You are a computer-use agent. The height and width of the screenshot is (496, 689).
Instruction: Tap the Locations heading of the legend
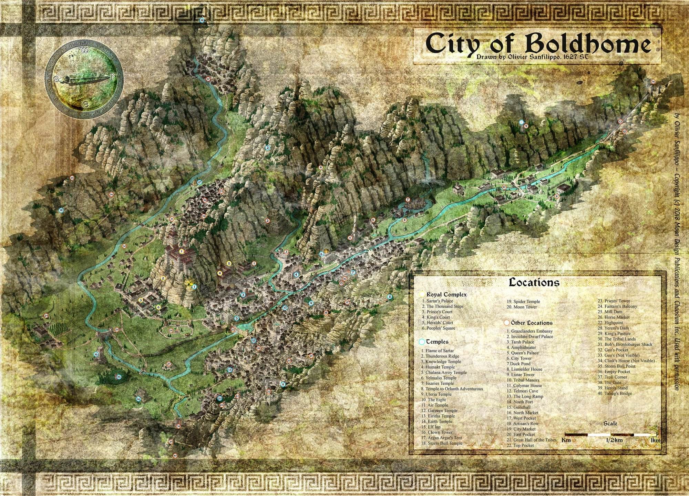tap(534, 283)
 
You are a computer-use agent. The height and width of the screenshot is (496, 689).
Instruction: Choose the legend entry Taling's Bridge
tap(618, 393)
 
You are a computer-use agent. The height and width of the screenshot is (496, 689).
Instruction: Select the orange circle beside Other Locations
tap(507, 323)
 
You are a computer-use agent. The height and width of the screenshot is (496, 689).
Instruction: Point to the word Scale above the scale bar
tap(610, 423)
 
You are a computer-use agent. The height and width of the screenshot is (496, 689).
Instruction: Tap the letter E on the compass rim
tap(84, 103)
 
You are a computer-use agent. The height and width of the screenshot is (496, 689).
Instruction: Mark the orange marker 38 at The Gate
tap(178, 426)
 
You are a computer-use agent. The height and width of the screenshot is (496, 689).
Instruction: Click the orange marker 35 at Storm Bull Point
tap(72, 178)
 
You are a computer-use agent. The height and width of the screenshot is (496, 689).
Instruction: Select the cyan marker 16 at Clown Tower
tap(96, 354)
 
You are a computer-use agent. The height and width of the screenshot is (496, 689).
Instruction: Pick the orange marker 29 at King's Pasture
tap(46, 316)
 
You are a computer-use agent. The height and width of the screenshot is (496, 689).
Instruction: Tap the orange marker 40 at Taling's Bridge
tap(175, 456)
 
